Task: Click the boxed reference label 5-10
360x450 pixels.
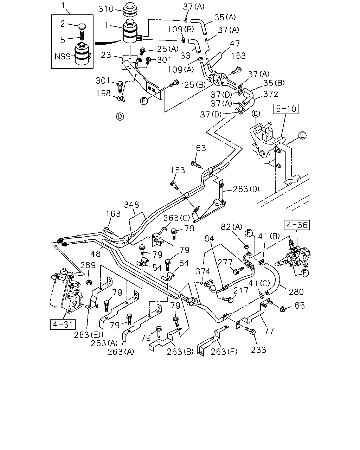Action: click(285, 109)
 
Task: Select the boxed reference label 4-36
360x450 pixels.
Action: click(297, 225)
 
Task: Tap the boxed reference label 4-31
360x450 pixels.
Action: click(63, 324)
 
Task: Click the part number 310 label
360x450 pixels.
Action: click(106, 9)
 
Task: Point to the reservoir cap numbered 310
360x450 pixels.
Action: click(130, 9)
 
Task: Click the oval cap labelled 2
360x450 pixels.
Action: click(82, 26)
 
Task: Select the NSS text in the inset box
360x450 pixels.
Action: click(63, 57)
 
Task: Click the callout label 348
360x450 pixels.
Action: click(131, 205)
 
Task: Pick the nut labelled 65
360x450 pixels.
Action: click(283, 309)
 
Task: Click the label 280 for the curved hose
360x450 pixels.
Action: click(296, 292)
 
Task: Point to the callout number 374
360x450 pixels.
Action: click(203, 271)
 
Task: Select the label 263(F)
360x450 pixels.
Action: click(224, 352)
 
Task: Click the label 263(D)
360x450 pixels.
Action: click(246, 189)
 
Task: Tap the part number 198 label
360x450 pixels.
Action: click(103, 93)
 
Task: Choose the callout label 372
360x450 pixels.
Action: click(271, 94)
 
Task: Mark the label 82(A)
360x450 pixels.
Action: click(231, 227)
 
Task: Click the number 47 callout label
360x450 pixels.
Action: click(235, 44)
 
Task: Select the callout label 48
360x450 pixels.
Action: click(96, 254)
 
